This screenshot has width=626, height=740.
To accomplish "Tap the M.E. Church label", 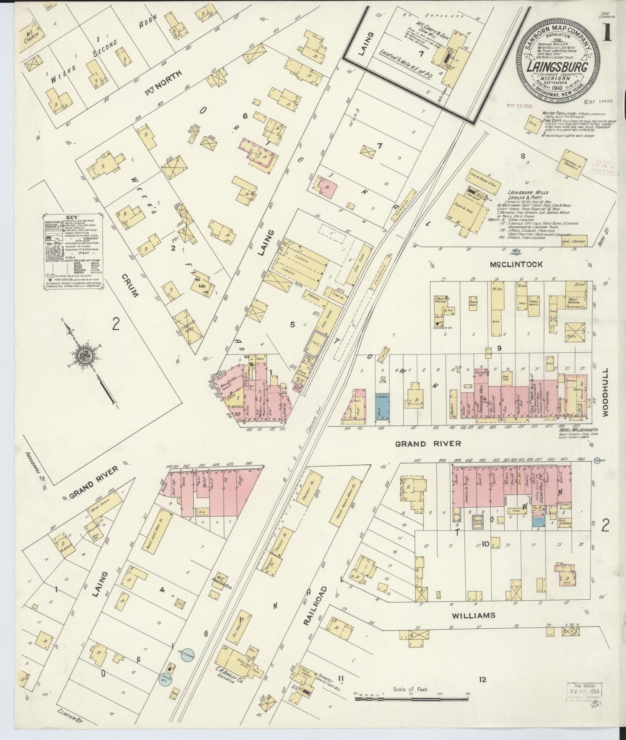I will tap(32, 38).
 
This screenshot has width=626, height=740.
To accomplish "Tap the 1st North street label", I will tap(162, 80).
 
